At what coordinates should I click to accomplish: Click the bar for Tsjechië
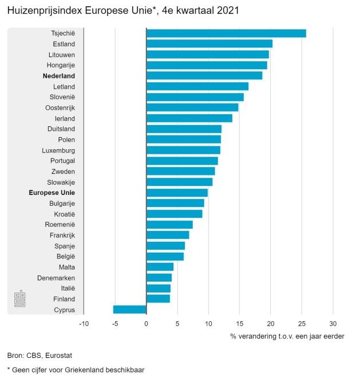click(226, 33)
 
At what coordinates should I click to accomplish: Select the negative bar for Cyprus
click(130, 310)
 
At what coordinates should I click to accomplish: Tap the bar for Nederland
click(204, 75)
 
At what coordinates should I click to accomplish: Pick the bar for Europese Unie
click(177, 193)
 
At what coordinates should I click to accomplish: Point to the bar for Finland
click(158, 299)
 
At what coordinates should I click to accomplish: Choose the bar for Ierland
click(189, 118)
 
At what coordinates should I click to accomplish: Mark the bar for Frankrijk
click(168, 235)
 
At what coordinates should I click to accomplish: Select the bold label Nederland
click(59, 75)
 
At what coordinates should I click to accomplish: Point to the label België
click(66, 257)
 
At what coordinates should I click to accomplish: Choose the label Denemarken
click(56, 278)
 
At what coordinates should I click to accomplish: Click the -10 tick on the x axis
click(84, 324)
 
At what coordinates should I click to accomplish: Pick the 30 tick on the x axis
click(333, 324)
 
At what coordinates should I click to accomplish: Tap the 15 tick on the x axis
click(240, 324)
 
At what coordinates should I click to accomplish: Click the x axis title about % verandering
click(287, 336)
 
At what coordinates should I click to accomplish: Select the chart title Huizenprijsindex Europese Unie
click(123, 11)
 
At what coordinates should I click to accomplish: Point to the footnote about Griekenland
click(76, 370)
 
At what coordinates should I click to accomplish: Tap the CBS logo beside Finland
click(19, 299)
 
